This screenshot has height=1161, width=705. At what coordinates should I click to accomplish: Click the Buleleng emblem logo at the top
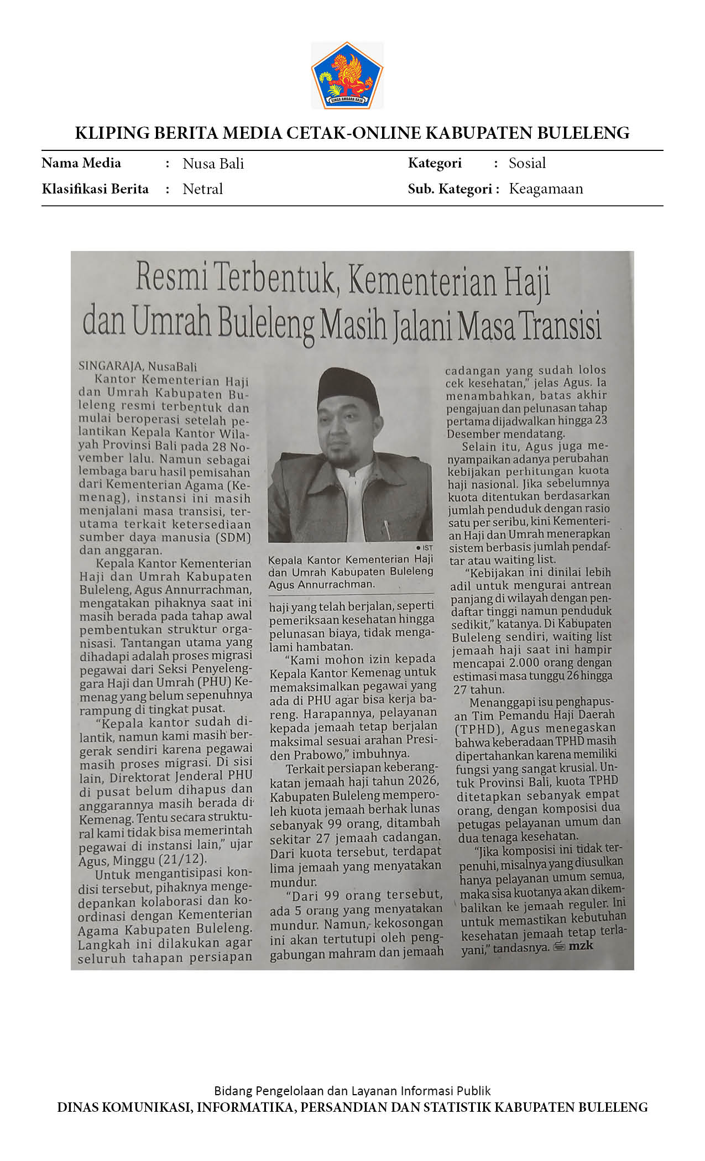(x=347, y=75)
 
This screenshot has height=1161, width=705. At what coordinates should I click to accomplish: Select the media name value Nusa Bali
(x=213, y=164)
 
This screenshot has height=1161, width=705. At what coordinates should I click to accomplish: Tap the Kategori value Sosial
(x=527, y=163)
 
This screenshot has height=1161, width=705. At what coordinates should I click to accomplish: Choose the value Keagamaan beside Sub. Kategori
(x=546, y=189)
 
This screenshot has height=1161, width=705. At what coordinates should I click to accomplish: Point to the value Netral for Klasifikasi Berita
(x=202, y=189)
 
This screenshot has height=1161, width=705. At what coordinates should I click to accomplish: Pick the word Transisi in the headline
(x=561, y=326)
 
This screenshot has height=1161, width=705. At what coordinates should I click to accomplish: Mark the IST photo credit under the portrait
(x=426, y=547)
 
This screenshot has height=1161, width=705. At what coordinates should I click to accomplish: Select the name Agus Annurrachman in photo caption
(x=321, y=584)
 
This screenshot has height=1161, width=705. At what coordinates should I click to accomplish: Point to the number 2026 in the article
(x=423, y=781)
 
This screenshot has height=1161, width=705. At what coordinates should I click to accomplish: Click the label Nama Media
(x=81, y=163)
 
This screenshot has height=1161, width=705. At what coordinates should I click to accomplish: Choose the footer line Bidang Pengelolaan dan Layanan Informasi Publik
(x=352, y=1091)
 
